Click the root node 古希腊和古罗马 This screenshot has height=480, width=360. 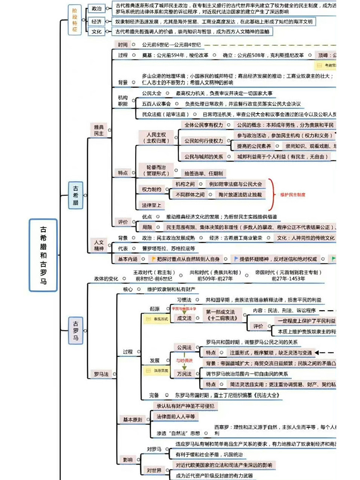coord(43,255)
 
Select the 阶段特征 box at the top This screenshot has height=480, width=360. coord(75,20)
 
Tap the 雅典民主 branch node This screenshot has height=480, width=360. coord(99,130)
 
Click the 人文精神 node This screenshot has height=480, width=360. coord(99,245)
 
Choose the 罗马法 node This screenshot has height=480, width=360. coord(101,374)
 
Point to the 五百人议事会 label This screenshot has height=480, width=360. coord(156,104)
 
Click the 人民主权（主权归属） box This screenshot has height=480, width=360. coord(156,138)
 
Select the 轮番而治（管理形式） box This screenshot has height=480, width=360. coord(156,170)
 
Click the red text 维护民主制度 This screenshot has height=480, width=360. coord(292,195)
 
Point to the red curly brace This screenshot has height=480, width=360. coord(271,194)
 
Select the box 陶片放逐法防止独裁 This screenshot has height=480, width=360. coord(240,195)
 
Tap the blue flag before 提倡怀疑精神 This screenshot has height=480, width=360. coord(236,259)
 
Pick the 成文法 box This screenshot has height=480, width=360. coord(184,318)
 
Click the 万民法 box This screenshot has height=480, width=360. coord(184,374)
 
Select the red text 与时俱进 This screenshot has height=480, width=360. coord(184,360)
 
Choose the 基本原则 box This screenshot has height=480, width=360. coord(132,420)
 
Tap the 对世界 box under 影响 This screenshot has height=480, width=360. coord(154,470)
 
